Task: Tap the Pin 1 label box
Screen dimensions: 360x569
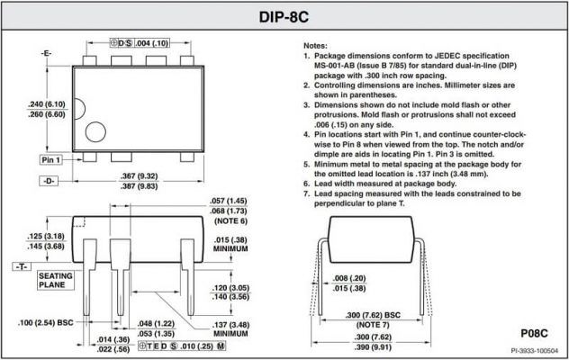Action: click(50, 159)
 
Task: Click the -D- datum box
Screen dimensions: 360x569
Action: click(49, 181)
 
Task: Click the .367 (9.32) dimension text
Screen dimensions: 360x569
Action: click(140, 176)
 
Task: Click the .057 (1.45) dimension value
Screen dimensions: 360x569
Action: click(229, 202)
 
